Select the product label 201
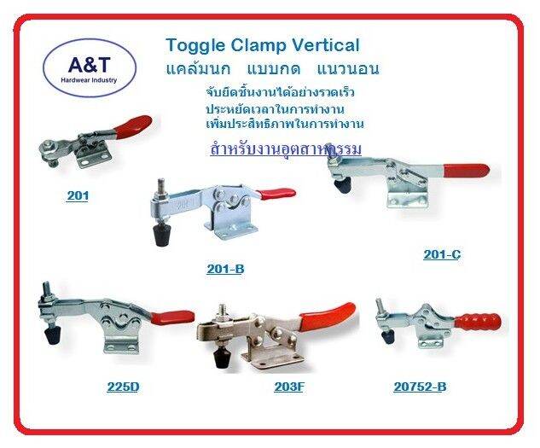(x=78, y=195)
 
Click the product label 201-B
(x=225, y=269)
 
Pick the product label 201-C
(x=442, y=254)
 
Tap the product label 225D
(x=123, y=387)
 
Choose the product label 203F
(x=289, y=387)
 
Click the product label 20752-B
(x=420, y=387)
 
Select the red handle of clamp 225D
(x=174, y=317)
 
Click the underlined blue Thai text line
(x=286, y=149)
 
